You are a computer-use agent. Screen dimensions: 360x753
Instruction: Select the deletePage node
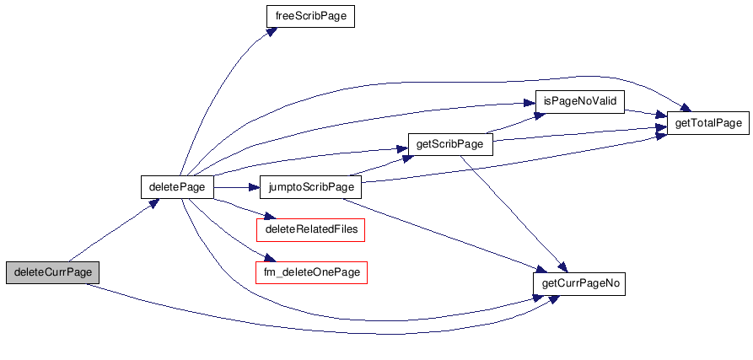pyautogui.click(x=176, y=186)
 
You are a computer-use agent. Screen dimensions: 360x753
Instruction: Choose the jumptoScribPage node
pyautogui.click(x=311, y=186)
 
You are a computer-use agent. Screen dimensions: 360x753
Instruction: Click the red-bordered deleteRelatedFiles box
pyautogui.click(x=310, y=229)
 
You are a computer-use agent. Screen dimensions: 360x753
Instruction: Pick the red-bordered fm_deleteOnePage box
pyautogui.click(x=311, y=272)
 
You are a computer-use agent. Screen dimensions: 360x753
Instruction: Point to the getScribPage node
pyautogui.click(x=450, y=144)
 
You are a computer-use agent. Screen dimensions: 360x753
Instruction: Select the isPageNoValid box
pyautogui.click(x=581, y=101)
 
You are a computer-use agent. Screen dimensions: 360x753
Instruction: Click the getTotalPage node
pyautogui.click(x=708, y=123)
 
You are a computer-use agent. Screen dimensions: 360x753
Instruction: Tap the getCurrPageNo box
pyautogui.click(x=581, y=283)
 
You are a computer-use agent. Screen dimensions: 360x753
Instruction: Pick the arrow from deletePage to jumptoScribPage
pyautogui.click(x=236, y=186)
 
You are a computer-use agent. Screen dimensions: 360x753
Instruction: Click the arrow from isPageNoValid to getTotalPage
pyautogui.click(x=646, y=112)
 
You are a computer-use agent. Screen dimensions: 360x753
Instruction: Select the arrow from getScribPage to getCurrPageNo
pyautogui.click(x=514, y=211)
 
